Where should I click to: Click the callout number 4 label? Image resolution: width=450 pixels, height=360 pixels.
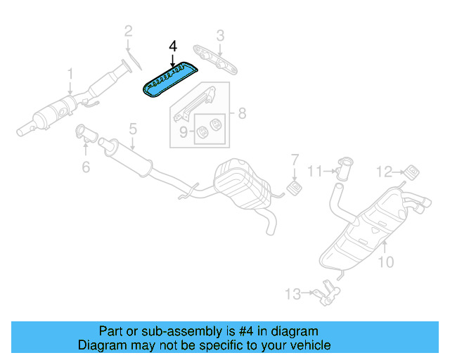click(172, 46)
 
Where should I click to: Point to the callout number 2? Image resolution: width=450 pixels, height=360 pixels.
click(128, 30)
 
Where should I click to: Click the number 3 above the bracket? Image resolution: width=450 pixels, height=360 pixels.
click(220, 34)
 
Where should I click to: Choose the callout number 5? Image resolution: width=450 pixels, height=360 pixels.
click(131, 129)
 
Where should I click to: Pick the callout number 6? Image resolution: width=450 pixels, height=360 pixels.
click(86, 167)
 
